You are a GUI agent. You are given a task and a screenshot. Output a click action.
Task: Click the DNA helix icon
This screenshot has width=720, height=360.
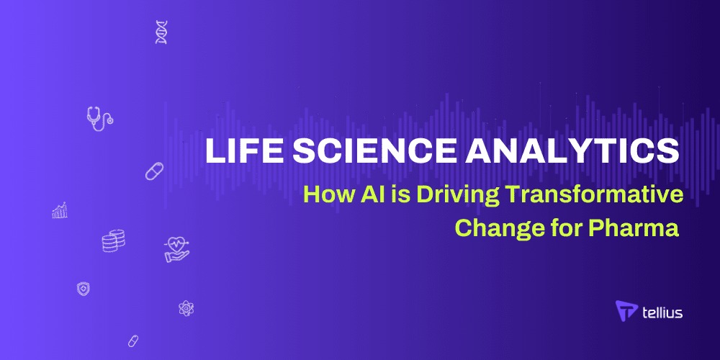tap(161, 32)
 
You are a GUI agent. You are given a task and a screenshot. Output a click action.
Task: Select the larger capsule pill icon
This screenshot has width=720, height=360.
tap(154, 171)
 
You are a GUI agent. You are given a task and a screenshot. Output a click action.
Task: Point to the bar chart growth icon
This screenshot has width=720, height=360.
tap(60, 210)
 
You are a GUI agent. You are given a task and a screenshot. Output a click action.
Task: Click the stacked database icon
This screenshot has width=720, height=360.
tap(114, 240)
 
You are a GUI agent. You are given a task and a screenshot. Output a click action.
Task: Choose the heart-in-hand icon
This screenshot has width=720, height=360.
tap(177, 249)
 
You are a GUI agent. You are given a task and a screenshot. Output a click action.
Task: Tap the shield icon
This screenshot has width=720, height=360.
tap(83, 289)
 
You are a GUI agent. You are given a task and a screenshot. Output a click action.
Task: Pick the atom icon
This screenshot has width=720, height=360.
tap(186, 307)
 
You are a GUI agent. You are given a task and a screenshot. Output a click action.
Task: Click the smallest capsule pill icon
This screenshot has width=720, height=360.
tap(133, 341)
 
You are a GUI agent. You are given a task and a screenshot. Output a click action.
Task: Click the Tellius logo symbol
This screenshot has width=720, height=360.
tap(626, 310)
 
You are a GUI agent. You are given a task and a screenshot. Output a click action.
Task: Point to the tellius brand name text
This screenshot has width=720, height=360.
tap(662, 312)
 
